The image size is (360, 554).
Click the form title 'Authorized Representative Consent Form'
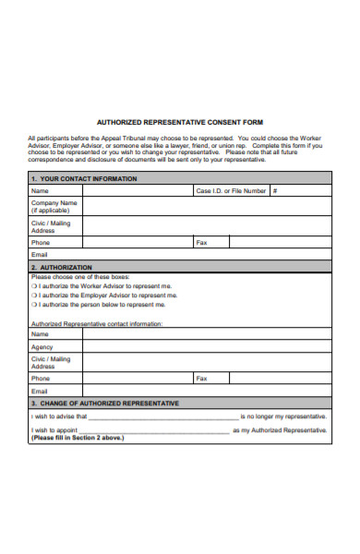[x=179, y=121]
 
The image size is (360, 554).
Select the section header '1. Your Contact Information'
[x=84, y=178]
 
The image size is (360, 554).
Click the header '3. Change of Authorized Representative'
[x=105, y=403]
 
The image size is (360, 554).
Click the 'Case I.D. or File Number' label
[x=231, y=191]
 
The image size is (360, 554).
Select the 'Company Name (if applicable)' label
[x=54, y=206]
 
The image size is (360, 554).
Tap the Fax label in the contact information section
[x=201, y=243]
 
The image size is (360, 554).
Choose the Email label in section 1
[x=40, y=254]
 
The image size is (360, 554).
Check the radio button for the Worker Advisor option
[x=33, y=286]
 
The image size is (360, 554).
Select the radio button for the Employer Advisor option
[x=33, y=295]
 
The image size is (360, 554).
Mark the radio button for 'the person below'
[x=33, y=305]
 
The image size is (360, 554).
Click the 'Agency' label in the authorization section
[x=42, y=347]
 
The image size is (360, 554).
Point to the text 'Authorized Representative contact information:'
[x=97, y=324]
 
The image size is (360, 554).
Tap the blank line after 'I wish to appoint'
[x=156, y=431]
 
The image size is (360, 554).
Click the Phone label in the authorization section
[x=41, y=379]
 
